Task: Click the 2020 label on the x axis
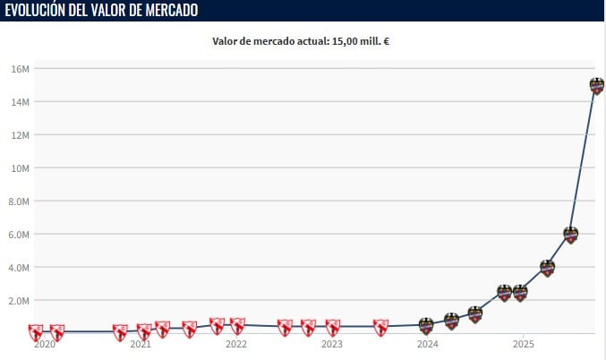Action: (45, 344)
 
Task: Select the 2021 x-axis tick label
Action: (141, 344)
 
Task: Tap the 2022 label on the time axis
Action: (236, 344)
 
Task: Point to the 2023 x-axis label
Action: (332, 344)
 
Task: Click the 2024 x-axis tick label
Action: (428, 344)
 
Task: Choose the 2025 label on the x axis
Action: (524, 344)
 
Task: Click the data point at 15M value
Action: (597, 86)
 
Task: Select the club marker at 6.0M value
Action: (570, 235)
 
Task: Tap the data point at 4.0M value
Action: (547, 268)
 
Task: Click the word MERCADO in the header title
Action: (163, 10)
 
